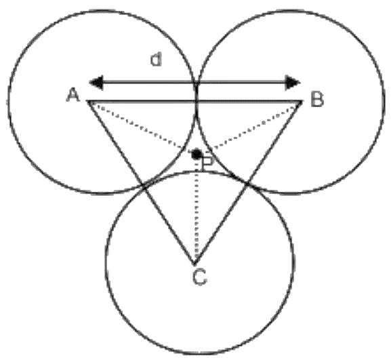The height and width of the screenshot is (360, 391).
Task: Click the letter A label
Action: (x=73, y=95)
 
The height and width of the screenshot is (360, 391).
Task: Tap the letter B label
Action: (x=317, y=99)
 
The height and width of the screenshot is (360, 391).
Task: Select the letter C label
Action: (x=200, y=277)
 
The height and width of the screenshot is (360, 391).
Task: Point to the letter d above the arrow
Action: (x=157, y=60)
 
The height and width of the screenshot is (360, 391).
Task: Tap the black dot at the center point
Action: (x=197, y=155)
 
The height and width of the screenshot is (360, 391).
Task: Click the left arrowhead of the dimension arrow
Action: (x=96, y=82)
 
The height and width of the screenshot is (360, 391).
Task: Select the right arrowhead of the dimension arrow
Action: (x=293, y=82)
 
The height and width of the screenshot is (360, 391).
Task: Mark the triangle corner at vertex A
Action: (x=87, y=101)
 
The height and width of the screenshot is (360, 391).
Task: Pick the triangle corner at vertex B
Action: (x=302, y=101)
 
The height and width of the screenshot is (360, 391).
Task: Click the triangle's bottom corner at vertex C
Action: (x=194, y=264)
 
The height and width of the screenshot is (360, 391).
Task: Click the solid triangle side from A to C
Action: (x=140, y=182)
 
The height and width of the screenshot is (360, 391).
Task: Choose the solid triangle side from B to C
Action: (x=248, y=182)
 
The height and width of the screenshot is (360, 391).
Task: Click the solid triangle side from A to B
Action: (x=194, y=101)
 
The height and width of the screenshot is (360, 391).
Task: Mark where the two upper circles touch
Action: (x=197, y=100)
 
